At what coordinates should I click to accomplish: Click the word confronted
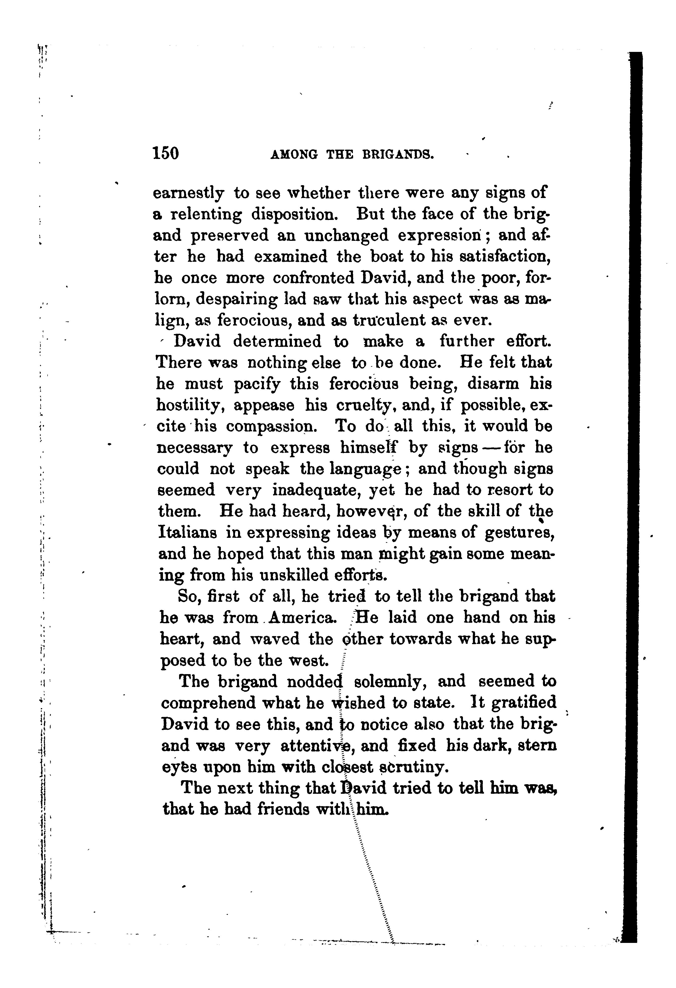click(x=311, y=278)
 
